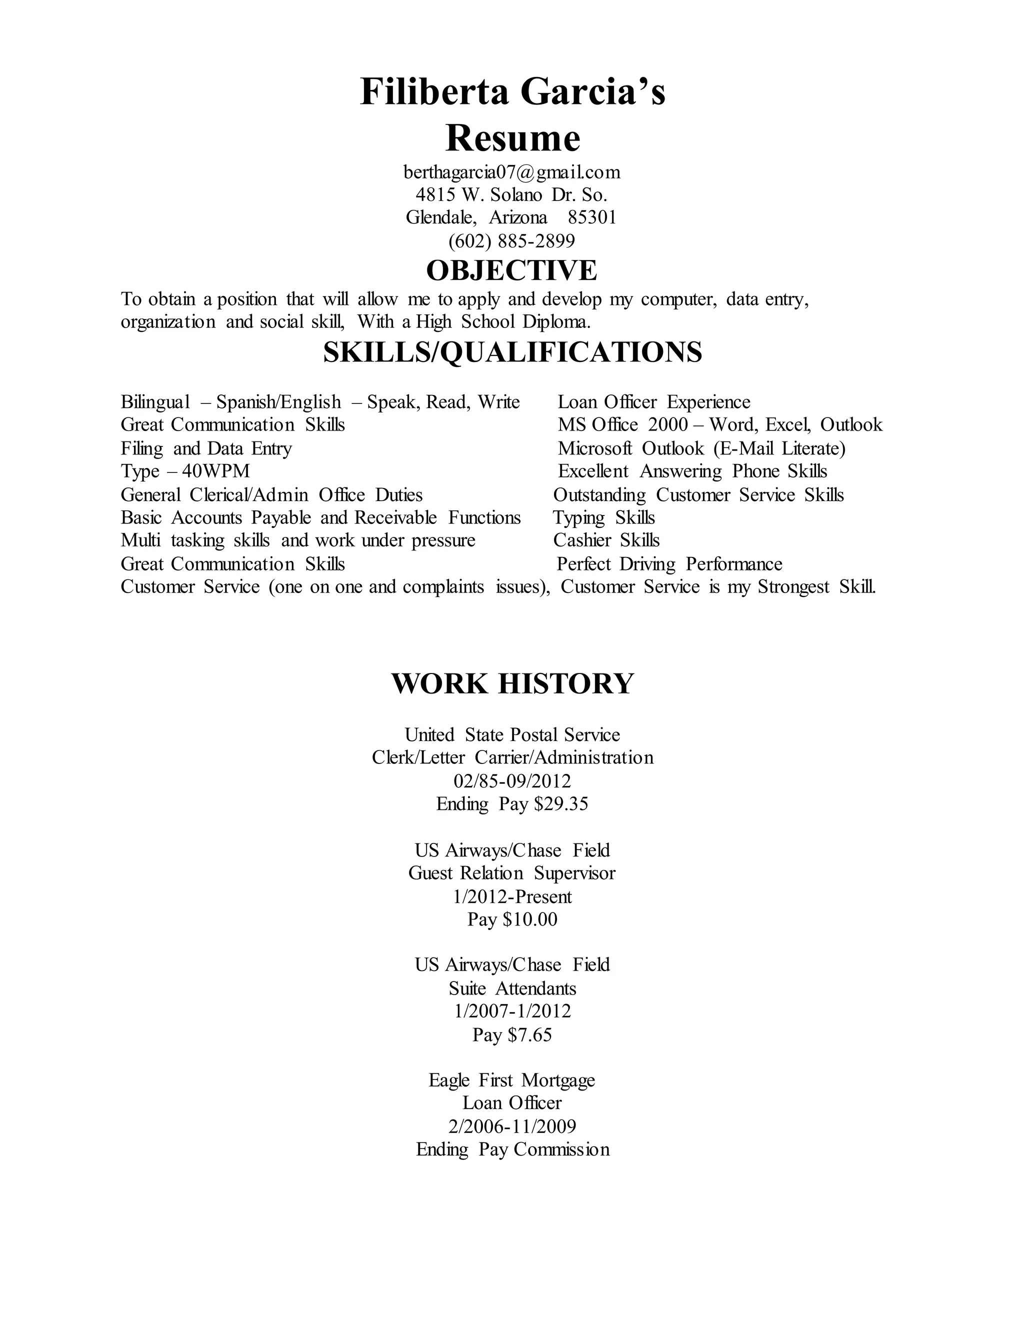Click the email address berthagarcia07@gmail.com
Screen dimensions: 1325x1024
511,172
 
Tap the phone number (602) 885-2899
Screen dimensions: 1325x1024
511,241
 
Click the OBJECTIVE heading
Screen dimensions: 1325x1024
511,270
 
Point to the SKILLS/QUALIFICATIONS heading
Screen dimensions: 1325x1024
512,352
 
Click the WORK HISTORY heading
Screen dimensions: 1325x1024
512,683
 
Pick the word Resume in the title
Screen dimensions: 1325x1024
512,138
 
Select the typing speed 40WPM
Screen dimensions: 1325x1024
216,471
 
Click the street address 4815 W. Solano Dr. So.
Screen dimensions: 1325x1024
511,194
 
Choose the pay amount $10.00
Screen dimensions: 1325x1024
530,919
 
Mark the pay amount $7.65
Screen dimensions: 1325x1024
530,1034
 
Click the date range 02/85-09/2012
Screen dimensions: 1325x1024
512,781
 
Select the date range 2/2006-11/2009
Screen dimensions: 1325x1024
512,1126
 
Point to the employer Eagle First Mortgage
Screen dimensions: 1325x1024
512,1080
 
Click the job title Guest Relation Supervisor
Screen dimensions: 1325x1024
512,873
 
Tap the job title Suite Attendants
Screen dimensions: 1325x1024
512,988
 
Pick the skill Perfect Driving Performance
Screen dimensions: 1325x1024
669,564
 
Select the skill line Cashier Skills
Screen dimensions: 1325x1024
606,540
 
